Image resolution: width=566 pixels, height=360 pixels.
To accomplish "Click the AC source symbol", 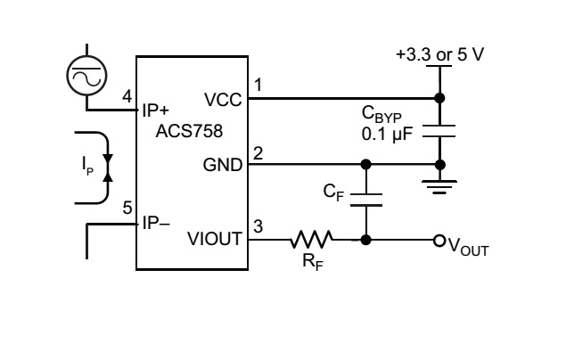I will coord(86,78).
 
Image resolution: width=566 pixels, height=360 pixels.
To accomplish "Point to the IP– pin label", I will coord(155,223).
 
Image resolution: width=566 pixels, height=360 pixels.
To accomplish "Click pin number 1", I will coord(258,86).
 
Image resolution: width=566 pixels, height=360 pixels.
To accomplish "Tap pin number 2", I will coord(258,153).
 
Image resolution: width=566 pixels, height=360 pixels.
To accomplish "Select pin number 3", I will coord(258,226).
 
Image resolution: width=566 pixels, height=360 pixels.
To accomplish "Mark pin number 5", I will coord(127,209).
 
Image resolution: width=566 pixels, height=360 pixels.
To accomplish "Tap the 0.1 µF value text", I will coord(385,134).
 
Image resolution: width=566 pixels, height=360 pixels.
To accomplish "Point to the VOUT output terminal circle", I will coord(438,240).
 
